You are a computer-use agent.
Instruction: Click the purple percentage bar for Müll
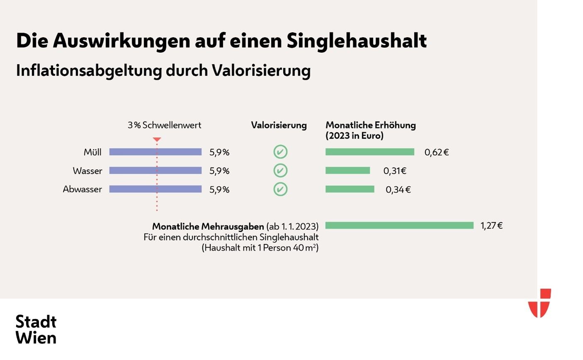click(155, 152)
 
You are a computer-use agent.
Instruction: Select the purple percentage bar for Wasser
click(155, 170)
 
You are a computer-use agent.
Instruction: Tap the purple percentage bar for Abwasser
click(155, 189)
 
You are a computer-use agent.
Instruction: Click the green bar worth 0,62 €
click(370, 152)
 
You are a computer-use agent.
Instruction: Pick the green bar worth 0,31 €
click(347, 170)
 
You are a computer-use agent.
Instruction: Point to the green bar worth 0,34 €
click(350, 189)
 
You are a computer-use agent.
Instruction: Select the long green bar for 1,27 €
click(399, 225)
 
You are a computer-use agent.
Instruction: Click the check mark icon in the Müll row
click(281, 152)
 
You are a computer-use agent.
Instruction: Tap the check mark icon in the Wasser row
click(281, 170)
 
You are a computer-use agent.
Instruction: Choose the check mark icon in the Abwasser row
click(281, 189)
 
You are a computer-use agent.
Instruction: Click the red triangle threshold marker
click(157, 140)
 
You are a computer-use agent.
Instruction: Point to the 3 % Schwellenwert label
click(164, 125)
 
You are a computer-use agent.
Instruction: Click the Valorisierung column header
click(279, 125)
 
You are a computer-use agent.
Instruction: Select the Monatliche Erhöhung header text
click(370, 130)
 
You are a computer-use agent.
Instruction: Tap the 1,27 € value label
click(492, 226)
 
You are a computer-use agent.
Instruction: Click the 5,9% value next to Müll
click(219, 152)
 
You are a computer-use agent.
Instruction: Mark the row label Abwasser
click(82, 189)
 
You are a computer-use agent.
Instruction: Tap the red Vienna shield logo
click(539, 303)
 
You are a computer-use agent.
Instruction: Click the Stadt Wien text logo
click(36, 329)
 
